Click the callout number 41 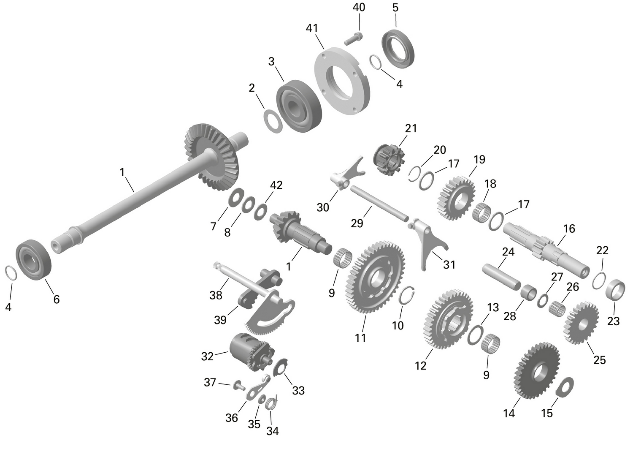312,28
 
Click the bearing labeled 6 33,259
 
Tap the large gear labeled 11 375,277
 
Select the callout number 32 207,356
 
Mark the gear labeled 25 582,322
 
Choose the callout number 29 357,223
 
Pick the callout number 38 216,295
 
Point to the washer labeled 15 565,386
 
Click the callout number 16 569,229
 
